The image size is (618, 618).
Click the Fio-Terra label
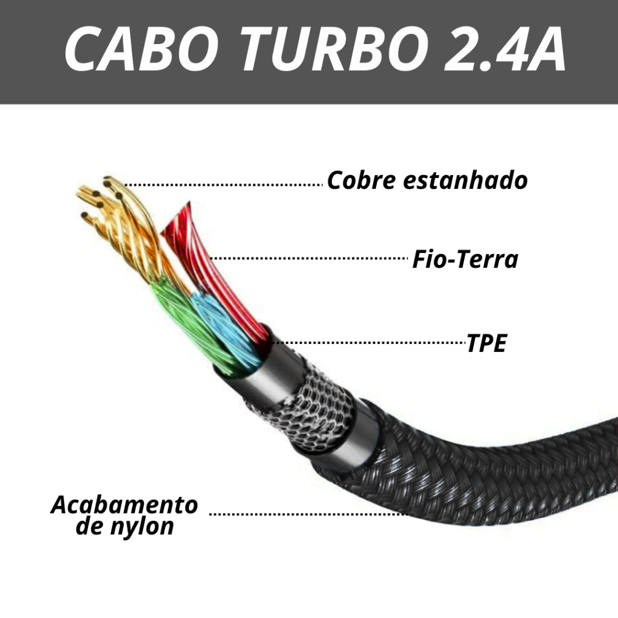(465, 260)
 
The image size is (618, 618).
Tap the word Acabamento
(124, 505)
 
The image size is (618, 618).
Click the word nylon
(142, 526)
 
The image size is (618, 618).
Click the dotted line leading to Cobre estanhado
(223, 184)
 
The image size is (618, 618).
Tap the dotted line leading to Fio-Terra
(308, 258)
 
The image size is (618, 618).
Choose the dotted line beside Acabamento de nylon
(308, 514)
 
